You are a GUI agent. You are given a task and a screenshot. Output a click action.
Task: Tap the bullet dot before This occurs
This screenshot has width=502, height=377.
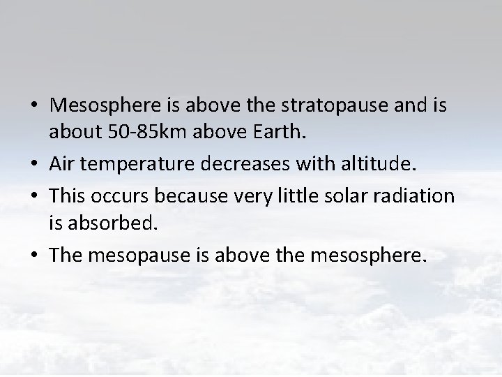(x=36, y=197)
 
